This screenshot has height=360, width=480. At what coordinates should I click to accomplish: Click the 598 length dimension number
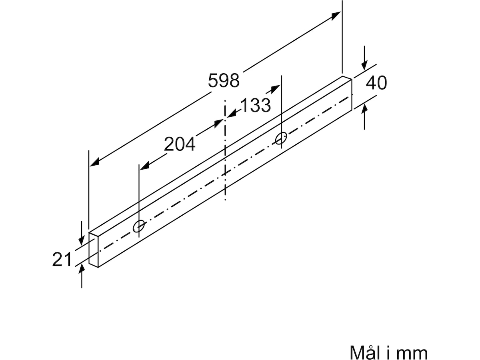(x=224, y=80)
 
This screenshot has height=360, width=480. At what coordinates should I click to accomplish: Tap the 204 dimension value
(x=180, y=144)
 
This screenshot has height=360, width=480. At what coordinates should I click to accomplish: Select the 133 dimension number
(x=256, y=105)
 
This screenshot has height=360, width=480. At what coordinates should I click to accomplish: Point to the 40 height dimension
(x=376, y=83)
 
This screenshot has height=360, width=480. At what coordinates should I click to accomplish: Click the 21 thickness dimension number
(x=62, y=259)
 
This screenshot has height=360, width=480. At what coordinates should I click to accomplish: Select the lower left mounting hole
(x=139, y=226)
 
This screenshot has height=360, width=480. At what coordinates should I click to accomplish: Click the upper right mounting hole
(x=281, y=138)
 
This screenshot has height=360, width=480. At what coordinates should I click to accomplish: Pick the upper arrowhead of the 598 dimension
(x=336, y=16)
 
